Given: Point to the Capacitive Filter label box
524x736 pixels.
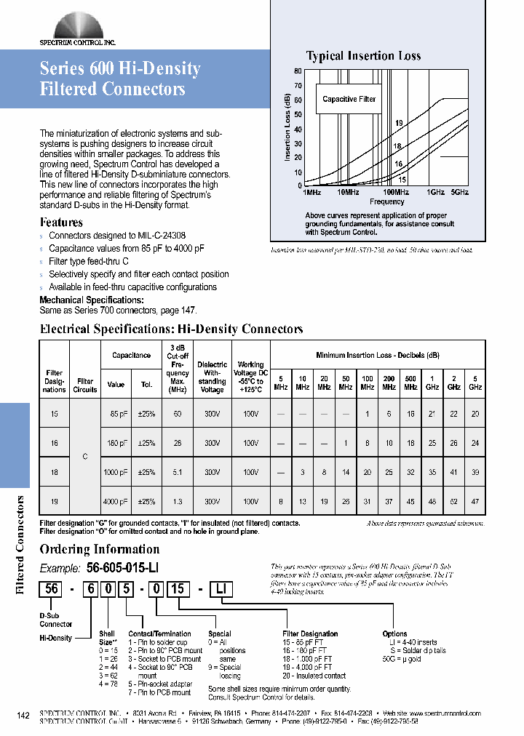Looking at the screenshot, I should tap(349, 99).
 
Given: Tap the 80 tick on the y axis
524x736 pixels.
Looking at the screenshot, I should tap(298, 71).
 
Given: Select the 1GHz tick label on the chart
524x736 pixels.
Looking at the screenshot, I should tap(435, 192).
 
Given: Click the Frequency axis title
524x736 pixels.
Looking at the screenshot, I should tap(386, 202).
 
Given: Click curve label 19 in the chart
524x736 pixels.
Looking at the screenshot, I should tap(399, 124).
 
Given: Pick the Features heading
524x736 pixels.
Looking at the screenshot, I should tap(61, 223).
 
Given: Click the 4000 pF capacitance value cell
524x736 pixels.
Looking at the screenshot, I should tap(116, 502).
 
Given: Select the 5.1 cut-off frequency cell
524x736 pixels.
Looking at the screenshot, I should tap(178, 472).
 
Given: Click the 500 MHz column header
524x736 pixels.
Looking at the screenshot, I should tap(410, 383).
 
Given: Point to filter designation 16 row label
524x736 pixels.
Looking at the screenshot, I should tap(54, 443).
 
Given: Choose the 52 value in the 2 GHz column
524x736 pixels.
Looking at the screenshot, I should tap(453, 502).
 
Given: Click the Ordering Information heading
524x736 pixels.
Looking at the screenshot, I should tap(99, 549).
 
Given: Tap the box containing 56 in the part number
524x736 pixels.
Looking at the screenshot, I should tap(52, 591).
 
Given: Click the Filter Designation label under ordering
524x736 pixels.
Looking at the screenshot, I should tap(310, 633).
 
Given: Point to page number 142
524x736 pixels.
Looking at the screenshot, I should tap(23, 716).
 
